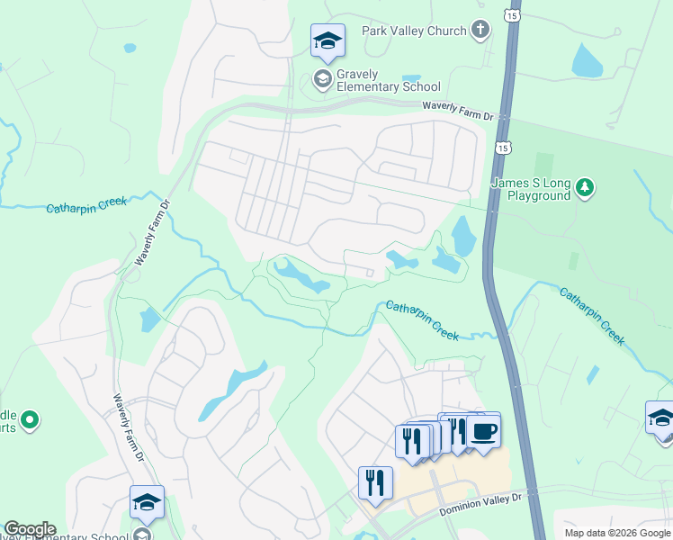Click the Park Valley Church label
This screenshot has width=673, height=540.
click(414, 31)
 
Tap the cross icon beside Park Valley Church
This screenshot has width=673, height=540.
click(481, 31)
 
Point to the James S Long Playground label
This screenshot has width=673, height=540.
click(531, 189)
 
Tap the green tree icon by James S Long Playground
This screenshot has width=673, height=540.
click(586, 187)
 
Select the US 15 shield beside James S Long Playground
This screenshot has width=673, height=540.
click(502, 147)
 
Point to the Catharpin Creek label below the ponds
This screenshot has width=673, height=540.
click(422, 320)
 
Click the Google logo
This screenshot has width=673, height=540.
click(29, 528)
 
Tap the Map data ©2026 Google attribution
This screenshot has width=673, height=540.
click(617, 533)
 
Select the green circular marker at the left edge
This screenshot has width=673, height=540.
click(30, 419)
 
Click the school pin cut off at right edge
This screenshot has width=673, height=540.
click(661, 418)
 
